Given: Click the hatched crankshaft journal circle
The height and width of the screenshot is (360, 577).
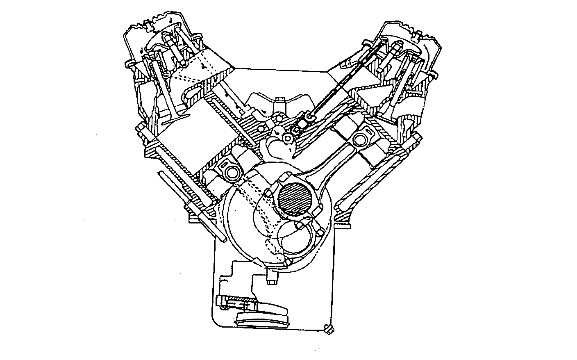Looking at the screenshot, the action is pyautogui.click(x=295, y=200).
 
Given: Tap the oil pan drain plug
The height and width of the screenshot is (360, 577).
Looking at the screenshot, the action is pyautogui.click(x=327, y=328).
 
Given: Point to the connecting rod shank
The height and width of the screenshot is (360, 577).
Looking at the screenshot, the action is pyautogui.click(x=328, y=164).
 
